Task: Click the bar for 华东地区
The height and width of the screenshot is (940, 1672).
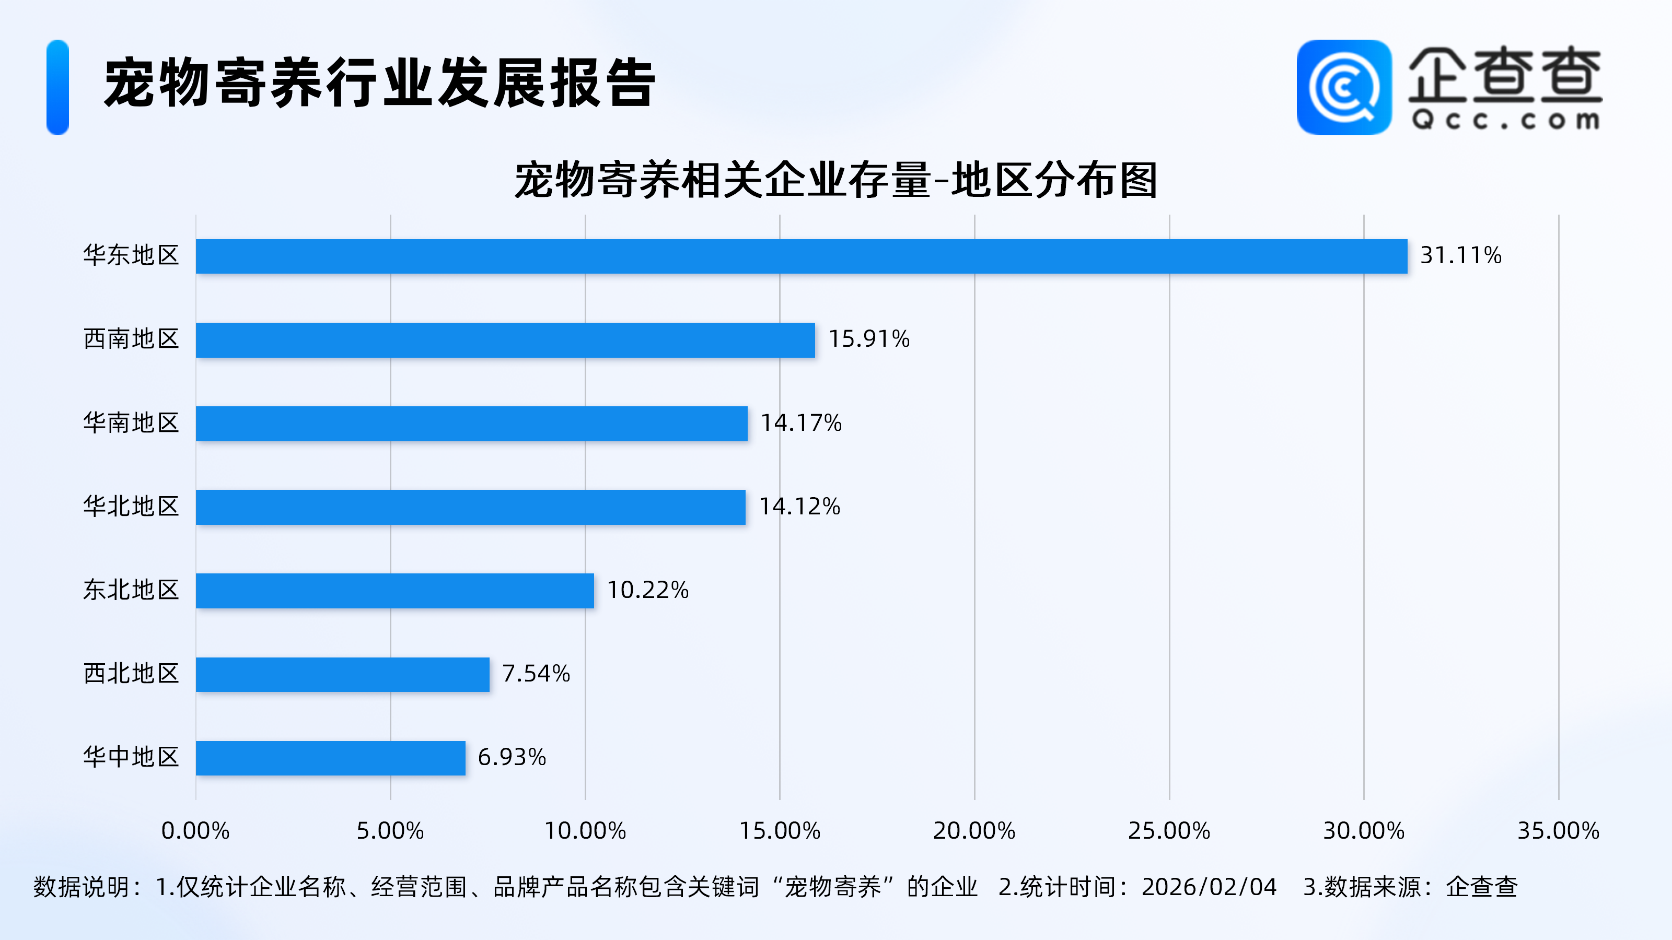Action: coord(801,256)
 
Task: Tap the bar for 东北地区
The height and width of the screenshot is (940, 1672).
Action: coord(394,590)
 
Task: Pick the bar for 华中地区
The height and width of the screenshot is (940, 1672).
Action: coord(330,758)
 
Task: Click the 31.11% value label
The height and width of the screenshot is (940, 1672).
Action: coord(1460,255)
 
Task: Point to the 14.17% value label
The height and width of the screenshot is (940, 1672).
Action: coord(801,423)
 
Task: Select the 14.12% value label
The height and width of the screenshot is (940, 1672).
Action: coord(799,507)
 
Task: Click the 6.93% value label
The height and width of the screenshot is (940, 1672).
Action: coord(512,757)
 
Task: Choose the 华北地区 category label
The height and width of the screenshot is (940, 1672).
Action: coord(131,507)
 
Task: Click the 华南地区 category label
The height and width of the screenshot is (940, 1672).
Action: coord(131,423)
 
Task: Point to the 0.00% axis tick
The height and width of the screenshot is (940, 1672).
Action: coord(195,831)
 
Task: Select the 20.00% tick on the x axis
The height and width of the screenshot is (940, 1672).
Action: coord(974,831)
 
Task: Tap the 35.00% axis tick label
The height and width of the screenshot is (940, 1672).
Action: coord(1559,831)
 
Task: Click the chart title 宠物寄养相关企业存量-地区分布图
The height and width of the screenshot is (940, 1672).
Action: coord(836,180)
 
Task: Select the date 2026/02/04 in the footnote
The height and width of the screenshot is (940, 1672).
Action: coord(1209,887)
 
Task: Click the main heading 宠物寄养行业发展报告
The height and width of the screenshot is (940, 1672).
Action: coord(380,83)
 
